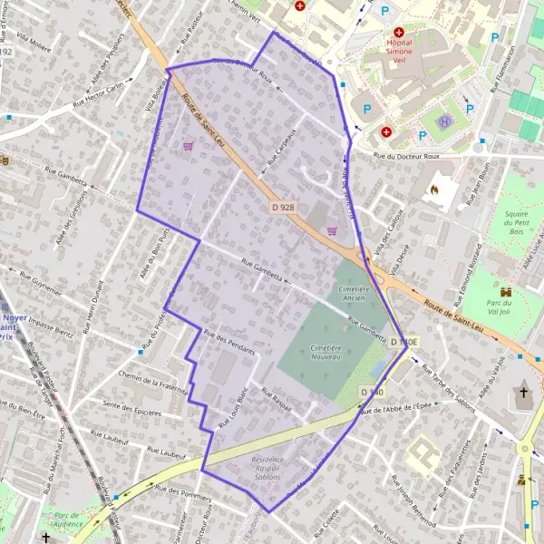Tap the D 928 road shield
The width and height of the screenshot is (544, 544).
[x=283, y=208]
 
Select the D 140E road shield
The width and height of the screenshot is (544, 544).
[x=405, y=343]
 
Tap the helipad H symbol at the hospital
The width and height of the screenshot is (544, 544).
[x=443, y=121]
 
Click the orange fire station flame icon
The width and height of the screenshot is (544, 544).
[x=433, y=190]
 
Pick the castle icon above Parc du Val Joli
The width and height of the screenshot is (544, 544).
[x=506, y=292]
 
